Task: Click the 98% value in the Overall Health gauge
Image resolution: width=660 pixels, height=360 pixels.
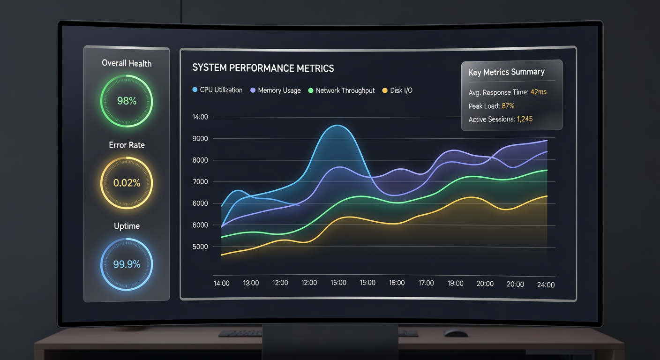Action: (x=127, y=101)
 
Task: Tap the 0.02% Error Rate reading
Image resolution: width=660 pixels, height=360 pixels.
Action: (x=127, y=183)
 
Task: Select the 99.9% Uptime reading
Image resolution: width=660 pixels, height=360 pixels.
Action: (x=127, y=264)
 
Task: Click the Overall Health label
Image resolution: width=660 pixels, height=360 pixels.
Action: (x=127, y=63)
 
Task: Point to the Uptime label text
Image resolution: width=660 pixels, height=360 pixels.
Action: (x=127, y=226)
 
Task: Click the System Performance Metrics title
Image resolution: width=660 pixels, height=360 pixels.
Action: (x=263, y=68)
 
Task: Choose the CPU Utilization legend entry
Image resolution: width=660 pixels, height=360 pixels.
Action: (x=217, y=90)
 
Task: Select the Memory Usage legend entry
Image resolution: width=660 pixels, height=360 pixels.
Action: (x=276, y=90)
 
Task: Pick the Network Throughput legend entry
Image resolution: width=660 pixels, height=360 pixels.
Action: (x=341, y=90)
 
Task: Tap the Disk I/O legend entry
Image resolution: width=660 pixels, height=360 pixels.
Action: (x=397, y=90)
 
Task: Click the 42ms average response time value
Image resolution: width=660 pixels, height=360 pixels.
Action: (x=538, y=92)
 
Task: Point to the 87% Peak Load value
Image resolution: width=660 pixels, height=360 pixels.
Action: (x=508, y=106)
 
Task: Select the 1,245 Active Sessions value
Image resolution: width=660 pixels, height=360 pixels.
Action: (x=525, y=119)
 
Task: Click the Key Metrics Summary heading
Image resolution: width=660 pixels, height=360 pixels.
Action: (x=507, y=72)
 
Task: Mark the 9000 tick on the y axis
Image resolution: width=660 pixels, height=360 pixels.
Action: (x=200, y=139)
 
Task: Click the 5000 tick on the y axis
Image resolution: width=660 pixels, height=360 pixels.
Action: (x=200, y=247)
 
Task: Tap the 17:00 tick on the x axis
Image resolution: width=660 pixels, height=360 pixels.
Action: (x=426, y=283)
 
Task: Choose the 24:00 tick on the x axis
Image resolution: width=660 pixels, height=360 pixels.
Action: (x=546, y=285)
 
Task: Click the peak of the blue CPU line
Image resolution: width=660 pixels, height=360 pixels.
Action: (x=337, y=126)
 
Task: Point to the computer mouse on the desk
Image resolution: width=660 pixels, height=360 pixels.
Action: (x=456, y=333)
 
